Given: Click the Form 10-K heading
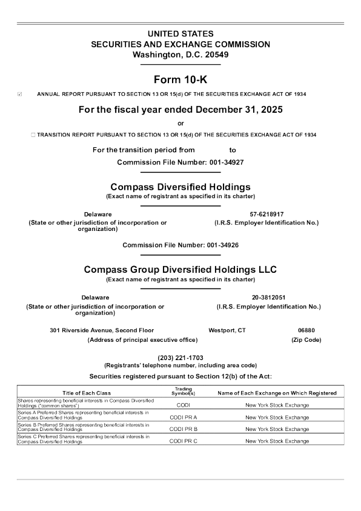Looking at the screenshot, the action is point(180,78).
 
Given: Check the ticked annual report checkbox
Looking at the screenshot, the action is point(21,95).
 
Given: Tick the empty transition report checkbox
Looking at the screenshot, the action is point(33,134).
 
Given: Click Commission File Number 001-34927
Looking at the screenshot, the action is point(180,162).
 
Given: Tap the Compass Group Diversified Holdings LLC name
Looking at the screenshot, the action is point(180,269).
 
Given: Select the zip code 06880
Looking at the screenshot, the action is point(306,330).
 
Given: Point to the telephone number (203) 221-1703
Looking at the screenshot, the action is point(180,357).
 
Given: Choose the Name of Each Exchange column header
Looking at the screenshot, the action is point(277,393).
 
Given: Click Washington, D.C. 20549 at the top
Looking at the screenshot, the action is point(180,55).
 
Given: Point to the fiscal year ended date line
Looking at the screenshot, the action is point(180,110).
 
